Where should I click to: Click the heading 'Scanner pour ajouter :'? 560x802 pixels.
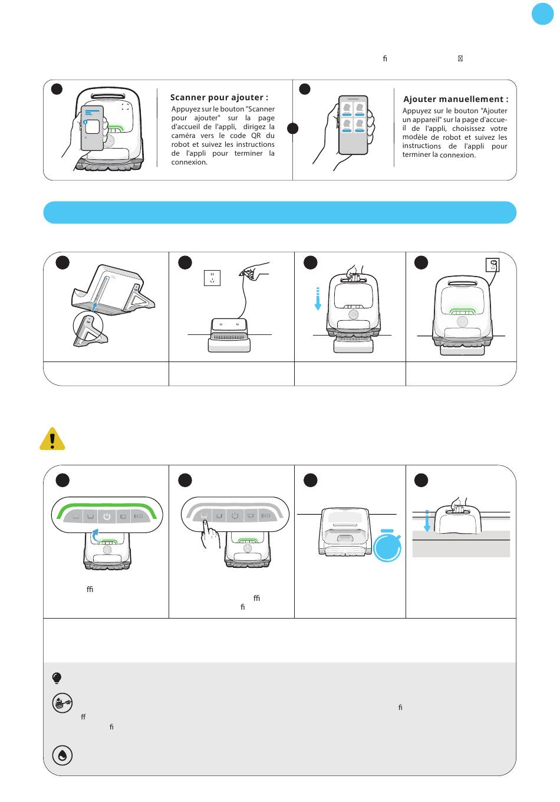click(x=219, y=98)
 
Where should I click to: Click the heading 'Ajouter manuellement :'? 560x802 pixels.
click(x=455, y=100)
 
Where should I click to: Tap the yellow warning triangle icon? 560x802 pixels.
click(x=52, y=439)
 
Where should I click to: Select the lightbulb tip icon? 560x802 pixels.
click(x=57, y=678)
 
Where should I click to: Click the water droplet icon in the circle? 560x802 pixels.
click(x=62, y=755)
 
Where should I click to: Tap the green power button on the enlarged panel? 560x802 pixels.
click(x=106, y=516)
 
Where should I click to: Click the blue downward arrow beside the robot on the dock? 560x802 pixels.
click(x=317, y=300)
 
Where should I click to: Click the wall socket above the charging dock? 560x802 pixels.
click(x=212, y=277)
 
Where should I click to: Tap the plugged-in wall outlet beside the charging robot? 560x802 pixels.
click(x=492, y=265)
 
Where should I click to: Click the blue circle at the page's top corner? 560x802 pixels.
click(x=542, y=14)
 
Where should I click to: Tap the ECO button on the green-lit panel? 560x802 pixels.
click(x=138, y=517)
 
